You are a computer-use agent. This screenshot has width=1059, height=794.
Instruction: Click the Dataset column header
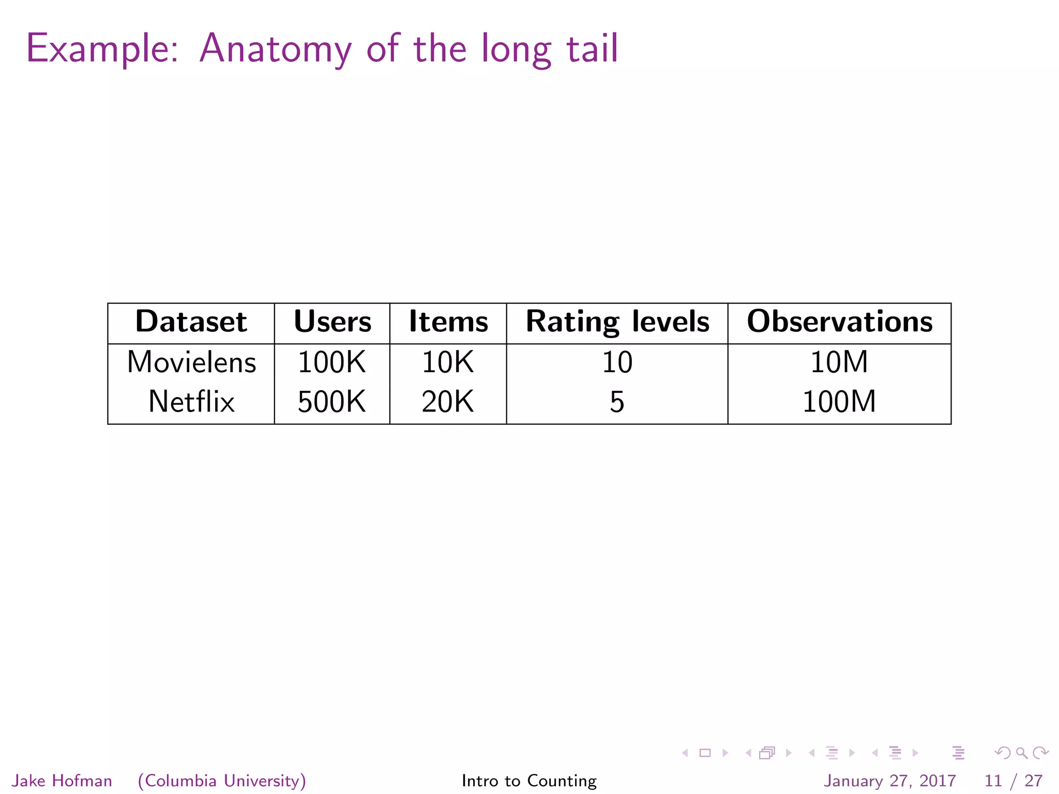191,322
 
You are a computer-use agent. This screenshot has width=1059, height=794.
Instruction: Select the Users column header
332,322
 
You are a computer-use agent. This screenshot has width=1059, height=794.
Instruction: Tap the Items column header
448,322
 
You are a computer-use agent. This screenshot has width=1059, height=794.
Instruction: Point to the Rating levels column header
617,322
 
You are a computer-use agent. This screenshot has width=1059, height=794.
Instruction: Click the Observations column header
839,322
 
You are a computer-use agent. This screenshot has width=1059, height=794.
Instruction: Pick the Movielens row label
191,362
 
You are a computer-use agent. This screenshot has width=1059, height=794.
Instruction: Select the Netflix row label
191,402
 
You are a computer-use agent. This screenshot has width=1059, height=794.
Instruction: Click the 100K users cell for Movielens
332,362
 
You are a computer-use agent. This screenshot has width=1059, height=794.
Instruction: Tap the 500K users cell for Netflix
332,402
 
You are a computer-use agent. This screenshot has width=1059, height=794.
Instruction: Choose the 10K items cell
448,362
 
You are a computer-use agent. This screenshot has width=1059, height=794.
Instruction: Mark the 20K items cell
448,402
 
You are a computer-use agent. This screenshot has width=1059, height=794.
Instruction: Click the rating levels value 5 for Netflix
617,402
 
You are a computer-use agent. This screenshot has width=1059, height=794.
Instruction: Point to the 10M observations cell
839,362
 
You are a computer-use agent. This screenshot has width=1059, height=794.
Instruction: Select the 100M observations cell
839,402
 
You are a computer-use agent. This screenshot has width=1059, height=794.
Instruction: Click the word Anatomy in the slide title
275,49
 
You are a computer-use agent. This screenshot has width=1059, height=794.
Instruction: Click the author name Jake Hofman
62,781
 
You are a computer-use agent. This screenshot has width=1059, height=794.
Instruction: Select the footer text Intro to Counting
529,781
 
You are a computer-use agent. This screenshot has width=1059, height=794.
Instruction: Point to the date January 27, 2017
889,781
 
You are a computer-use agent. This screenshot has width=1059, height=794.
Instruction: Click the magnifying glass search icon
1021,753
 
